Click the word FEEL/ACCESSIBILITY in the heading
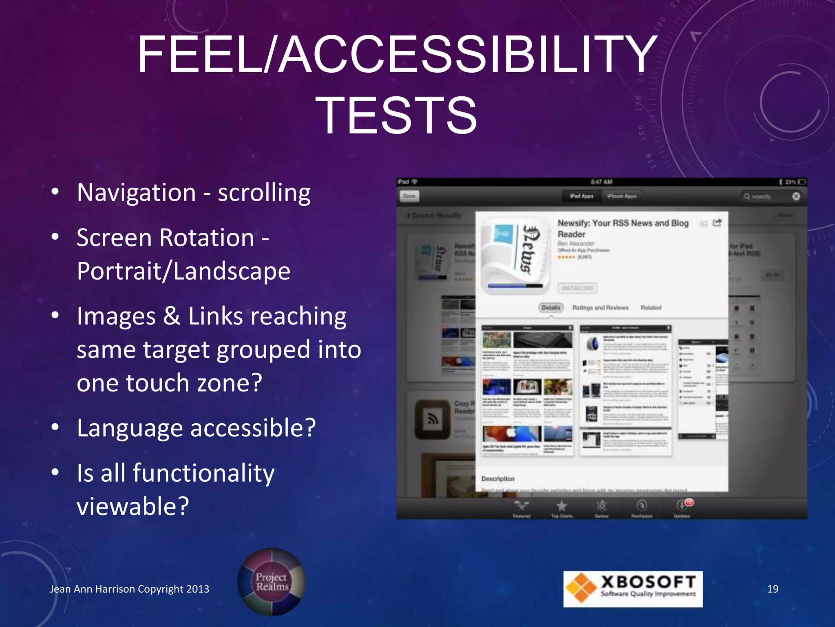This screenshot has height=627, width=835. point(397,55)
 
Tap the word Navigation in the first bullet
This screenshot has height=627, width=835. point(136,193)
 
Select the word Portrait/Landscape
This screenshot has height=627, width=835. point(183,271)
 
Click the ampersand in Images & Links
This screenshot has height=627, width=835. point(172,316)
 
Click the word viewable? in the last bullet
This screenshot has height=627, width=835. point(133,507)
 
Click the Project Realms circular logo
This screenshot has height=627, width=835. point(272,582)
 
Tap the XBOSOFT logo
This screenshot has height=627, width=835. point(633,589)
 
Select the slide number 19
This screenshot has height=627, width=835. point(772,589)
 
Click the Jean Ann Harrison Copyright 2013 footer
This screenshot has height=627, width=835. point(129,589)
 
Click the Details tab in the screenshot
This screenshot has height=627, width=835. point(551,307)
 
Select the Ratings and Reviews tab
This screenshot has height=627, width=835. point(600,307)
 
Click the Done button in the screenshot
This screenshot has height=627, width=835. point(409,196)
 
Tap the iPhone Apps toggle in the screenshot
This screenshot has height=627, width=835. point(622,196)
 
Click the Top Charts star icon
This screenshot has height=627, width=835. point(562,507)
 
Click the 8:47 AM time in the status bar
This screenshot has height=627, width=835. point(601,182)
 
